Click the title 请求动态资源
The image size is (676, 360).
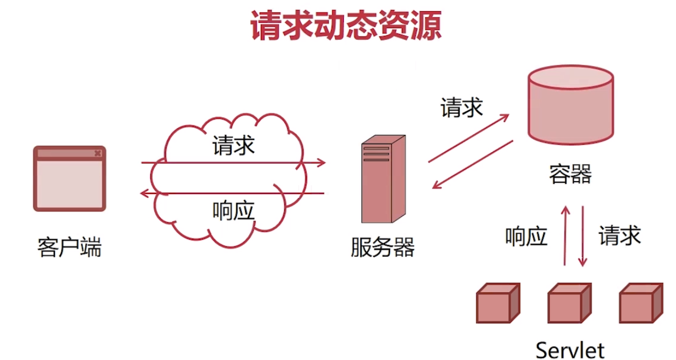click(345, 26)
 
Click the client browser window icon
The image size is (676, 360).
click(70, 179)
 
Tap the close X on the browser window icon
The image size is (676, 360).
click(97, 153)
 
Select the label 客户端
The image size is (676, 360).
click(70, 248)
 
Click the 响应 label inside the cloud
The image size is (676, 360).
click(233, 211)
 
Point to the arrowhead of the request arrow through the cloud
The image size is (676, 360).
click(321, 162)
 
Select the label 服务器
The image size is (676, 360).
click(382, 248)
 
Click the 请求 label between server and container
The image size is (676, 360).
click(461, 108)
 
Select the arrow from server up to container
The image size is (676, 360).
click(468, 137)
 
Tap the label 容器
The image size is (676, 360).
click(570, 174)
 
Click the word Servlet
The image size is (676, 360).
click(570, 350)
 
